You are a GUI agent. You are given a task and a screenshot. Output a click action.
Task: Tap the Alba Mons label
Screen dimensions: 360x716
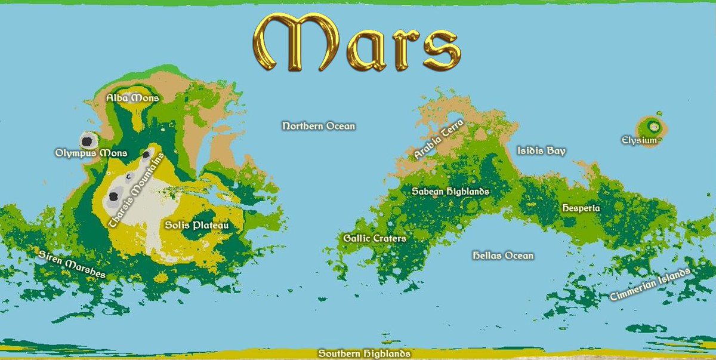pyautogui.click(x=132, y=97)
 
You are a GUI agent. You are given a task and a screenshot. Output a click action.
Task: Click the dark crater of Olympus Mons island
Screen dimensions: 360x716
pyautogui.click(x=88, y=141)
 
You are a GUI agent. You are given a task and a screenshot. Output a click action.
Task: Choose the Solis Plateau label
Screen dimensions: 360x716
pyautogui.click(x=196, y=226)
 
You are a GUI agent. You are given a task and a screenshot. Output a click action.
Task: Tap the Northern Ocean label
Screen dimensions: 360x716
pyautogui.click(x=318, y=126)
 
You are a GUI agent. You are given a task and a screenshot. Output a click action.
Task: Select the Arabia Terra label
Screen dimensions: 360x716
pyautogui.click(x=439, y=138)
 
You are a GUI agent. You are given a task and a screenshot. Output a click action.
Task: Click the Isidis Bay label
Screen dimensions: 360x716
pyautogui.click(x=541, y=151)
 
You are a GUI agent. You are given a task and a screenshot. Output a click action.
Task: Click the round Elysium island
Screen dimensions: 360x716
pyautogui.click(x=652, y=127)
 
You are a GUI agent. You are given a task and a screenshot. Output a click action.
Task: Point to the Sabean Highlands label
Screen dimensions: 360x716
pyautogui.click(x=450, y=192)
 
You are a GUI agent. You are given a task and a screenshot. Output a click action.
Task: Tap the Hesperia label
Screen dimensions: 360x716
pyautogui.click(x=581, y=208)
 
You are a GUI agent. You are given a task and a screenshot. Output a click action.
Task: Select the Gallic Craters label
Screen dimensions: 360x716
pyautogui.click(x=374, y=238)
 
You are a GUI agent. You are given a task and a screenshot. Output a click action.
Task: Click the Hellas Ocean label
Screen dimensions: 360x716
pyautogui.click(x=502, y=256)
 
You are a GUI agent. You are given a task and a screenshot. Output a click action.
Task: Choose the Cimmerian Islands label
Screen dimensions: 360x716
pyautogui.click(x=650, y=285)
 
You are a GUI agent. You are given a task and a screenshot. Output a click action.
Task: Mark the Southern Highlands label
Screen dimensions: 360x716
pyautogui.click(x=364, y=353)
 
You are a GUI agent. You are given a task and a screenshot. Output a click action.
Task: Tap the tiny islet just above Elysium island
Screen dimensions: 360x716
pyautogui.click(x=659, y=113)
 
